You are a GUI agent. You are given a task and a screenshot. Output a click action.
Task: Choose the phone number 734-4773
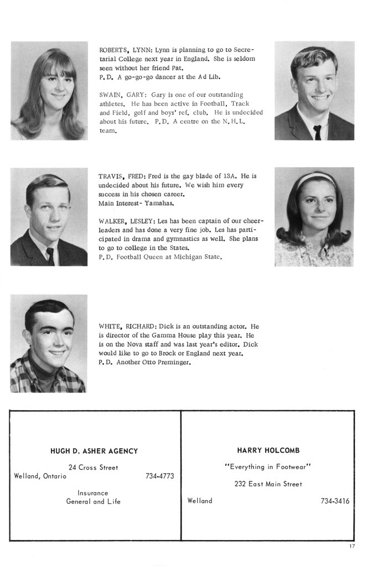pos(159,476)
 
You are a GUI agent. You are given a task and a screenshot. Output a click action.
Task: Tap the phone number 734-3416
pos(334,501)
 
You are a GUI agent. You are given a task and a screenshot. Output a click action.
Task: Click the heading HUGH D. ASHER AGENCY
pos(94,451)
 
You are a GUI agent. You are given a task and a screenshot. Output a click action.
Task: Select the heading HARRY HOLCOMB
pos(268,450)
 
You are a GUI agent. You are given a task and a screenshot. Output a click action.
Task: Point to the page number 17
pos(352,547)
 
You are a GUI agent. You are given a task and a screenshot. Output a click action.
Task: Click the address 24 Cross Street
pos(93,468)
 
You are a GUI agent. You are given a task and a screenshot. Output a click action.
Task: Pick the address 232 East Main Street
pos(268,484)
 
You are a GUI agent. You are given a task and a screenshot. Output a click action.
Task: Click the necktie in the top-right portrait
pos(317,132)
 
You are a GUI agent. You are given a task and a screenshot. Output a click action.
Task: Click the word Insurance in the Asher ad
pos(93,492)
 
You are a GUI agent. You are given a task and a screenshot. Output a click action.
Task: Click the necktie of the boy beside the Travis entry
pos(50,256)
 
